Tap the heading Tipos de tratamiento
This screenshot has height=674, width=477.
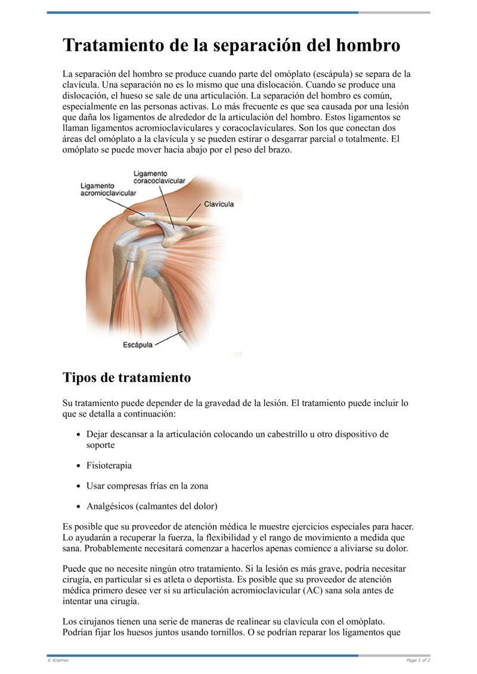point(126,378)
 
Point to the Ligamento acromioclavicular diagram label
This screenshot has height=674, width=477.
point(108,190)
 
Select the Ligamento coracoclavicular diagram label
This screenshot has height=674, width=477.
point(159,177)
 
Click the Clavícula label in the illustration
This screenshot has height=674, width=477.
point(219,204)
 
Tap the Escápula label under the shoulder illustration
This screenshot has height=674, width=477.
point(138,345)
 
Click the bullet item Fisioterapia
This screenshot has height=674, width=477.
point(109,465)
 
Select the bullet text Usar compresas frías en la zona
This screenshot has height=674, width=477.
point(147,486)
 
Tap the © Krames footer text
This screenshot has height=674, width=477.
point(58,660)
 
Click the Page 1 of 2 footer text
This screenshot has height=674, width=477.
point(418,660)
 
